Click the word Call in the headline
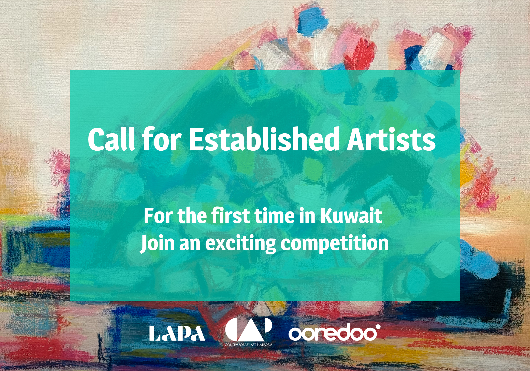pos(111,139)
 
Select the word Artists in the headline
pos(391,139)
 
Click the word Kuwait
pos(351,216)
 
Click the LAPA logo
pos(177,333)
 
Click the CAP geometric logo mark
pos(249,329)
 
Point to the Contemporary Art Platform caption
pos(249,345)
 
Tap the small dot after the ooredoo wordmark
pos(378,327)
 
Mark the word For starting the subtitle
pos(158,216)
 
